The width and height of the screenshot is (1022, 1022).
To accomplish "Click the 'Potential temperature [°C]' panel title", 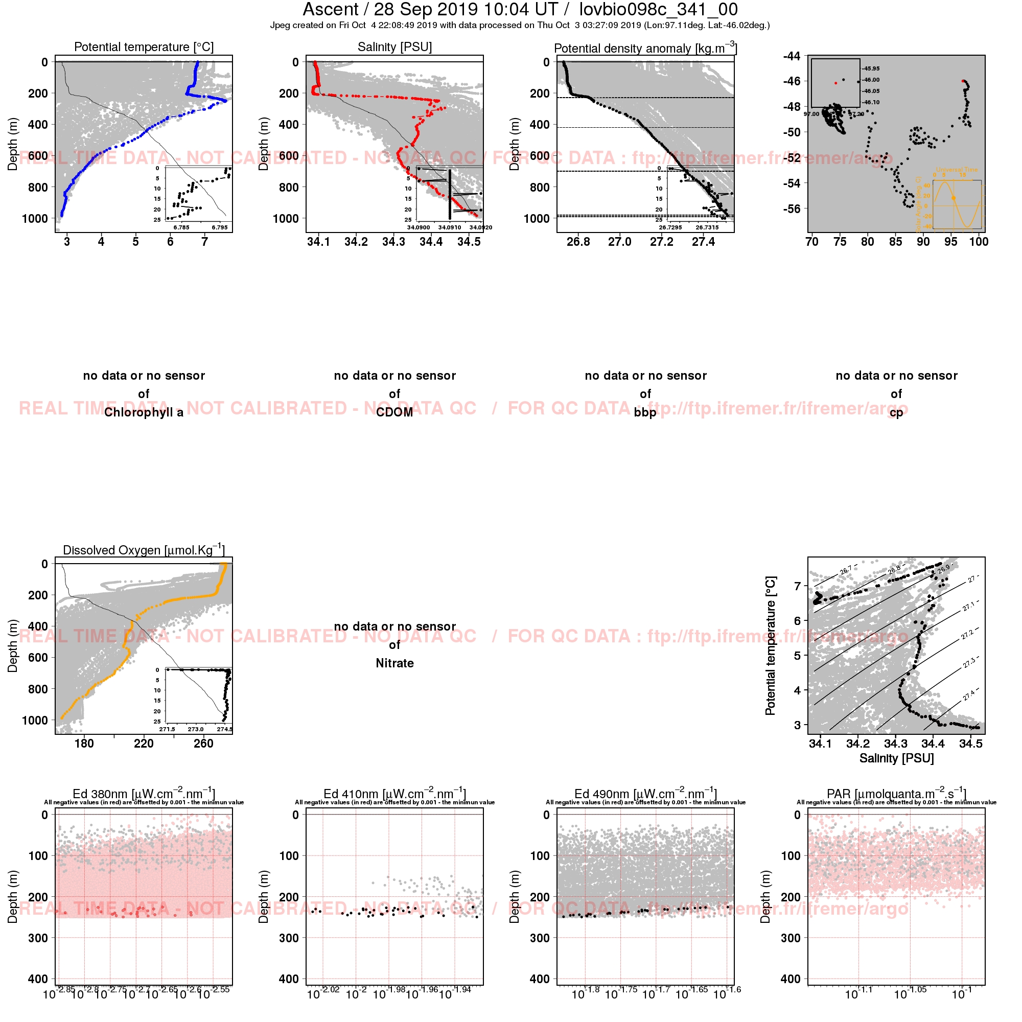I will [144, 47].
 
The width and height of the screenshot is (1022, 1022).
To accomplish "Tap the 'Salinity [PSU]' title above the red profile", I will [394, 47].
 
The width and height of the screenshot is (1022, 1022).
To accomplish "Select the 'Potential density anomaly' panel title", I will [645, 48].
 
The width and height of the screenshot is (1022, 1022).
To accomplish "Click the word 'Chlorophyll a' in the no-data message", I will [144, 412].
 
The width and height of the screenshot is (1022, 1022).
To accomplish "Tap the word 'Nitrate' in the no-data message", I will [394, 663].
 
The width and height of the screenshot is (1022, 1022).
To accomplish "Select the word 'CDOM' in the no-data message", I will [394, 412].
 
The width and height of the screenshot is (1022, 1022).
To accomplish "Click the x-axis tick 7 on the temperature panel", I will [205, 242].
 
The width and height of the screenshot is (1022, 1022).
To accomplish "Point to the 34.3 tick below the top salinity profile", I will [393, 242].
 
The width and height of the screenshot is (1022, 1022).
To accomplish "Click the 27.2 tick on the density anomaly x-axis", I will [661, 242].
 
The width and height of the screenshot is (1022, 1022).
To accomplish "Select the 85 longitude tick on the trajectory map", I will [895, 242].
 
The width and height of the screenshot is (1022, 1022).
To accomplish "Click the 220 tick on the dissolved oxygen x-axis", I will [144, 744].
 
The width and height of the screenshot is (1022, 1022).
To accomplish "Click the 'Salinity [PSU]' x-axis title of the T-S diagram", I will [896, 758].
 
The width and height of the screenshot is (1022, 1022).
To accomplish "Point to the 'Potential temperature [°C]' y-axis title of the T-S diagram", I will [770, 646].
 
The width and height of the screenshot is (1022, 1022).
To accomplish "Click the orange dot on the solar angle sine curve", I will [953, 198].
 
